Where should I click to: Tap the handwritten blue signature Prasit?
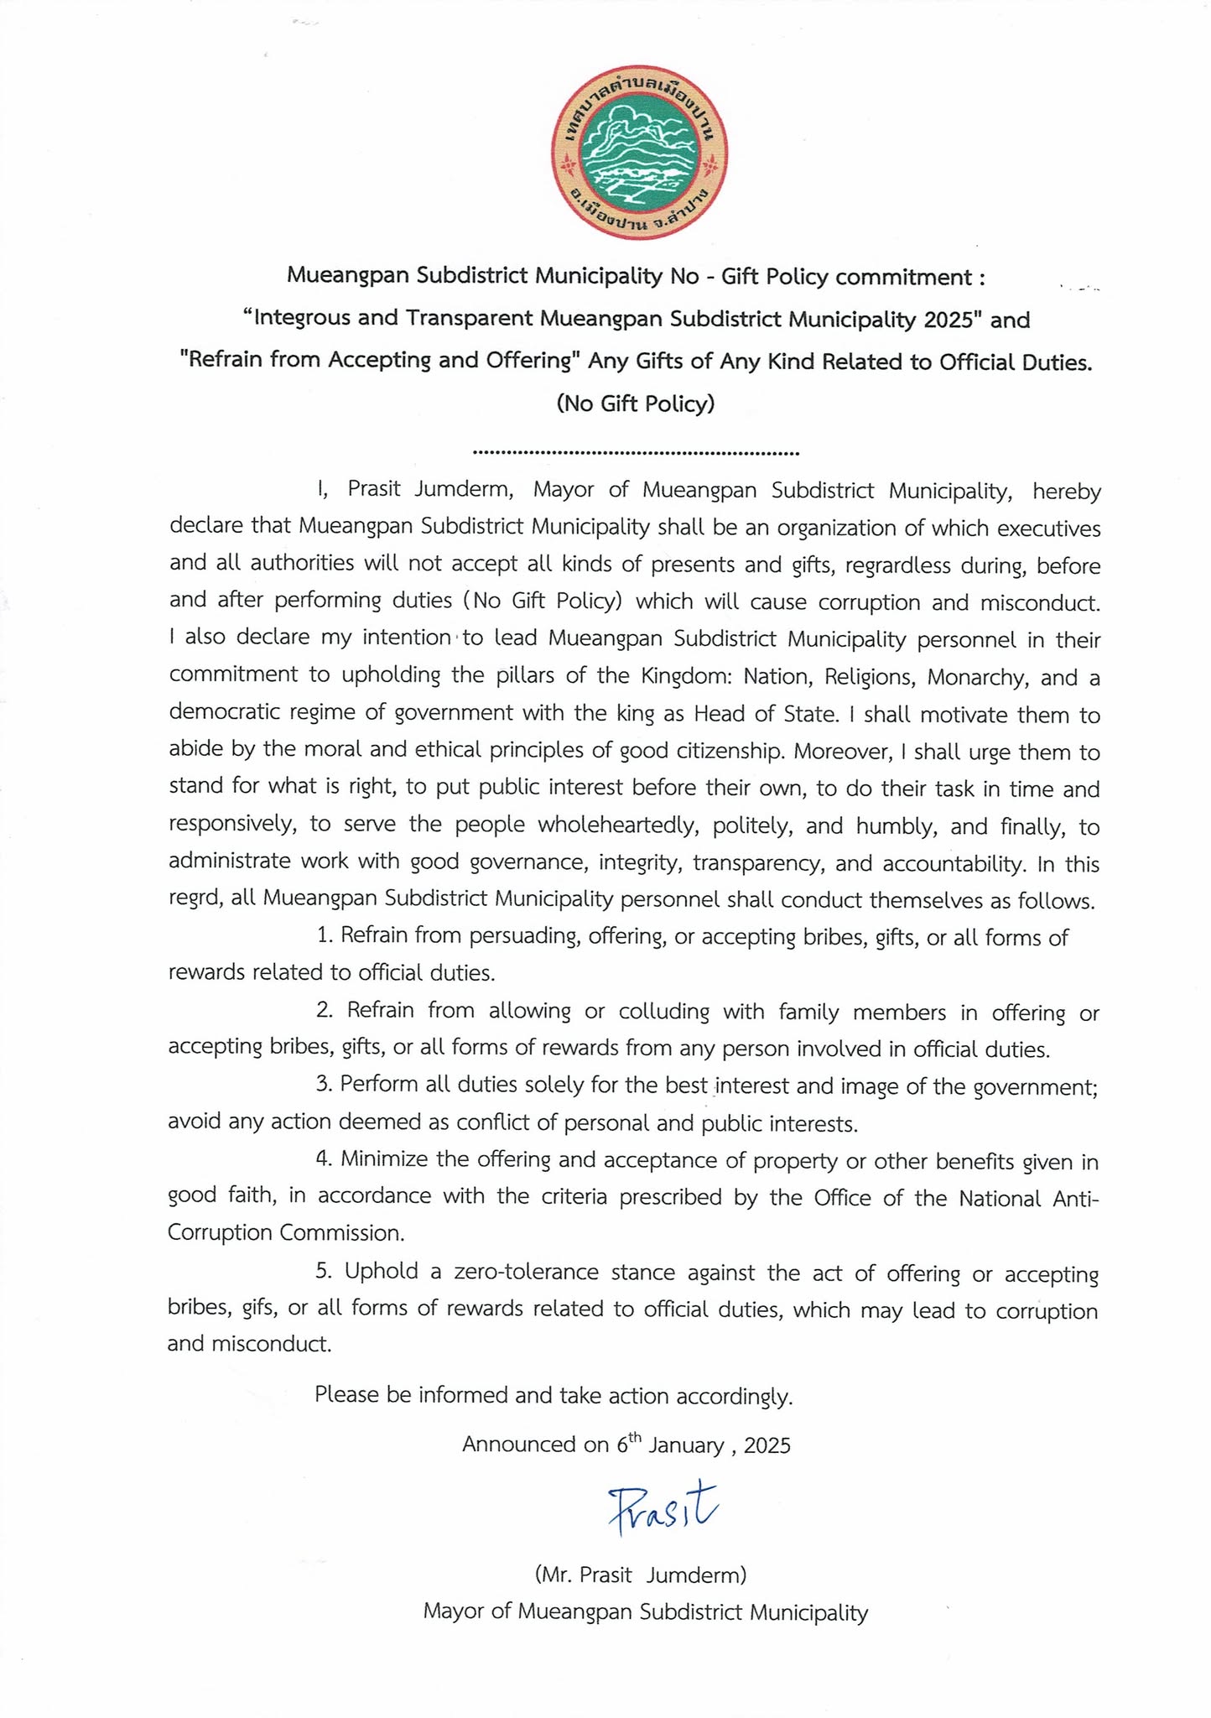pyautogui.click(x=663, y=1511)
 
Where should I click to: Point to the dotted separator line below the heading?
pyautogui.click(x=636, y=453)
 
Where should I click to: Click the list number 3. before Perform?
pyautogui.click(x=325, y=1084)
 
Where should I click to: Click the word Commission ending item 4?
pyautogui.click(x=342, y=1233)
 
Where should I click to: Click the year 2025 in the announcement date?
pyautogui.click(x=767, y=1445)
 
